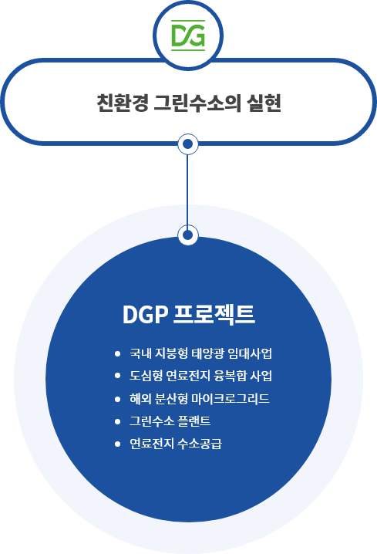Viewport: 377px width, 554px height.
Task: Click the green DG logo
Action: tap(188, 35)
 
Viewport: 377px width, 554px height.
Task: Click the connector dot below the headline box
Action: tap(188, 144)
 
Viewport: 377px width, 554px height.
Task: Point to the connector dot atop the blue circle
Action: tap(188, 235)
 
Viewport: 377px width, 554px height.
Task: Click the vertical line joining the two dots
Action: tap(187, 189)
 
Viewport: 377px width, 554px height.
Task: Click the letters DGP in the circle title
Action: tap(145, 314)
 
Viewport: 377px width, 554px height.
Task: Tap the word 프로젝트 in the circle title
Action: tap(214, 314)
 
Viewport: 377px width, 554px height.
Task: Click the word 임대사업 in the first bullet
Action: tap(250, 353)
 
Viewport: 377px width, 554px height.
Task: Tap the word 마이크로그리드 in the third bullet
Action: tap(231, 399)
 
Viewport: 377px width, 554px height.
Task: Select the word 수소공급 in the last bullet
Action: tap(200, 444)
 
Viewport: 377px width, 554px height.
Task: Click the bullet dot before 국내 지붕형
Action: tap(117, 353)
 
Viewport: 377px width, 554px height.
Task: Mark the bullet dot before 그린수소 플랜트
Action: tap(117, 421)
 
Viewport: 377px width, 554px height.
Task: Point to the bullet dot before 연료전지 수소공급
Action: tap(117, 444)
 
